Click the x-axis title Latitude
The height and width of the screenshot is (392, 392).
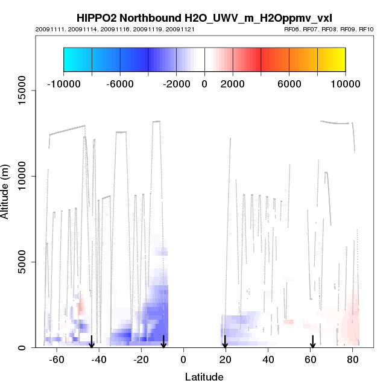[204, 377]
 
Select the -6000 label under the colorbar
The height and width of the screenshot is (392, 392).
[119, 84]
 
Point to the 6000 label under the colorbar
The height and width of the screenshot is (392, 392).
[289, 84]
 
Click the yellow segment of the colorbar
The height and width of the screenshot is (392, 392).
[331, 60]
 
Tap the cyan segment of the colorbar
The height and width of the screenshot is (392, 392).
[77, 60]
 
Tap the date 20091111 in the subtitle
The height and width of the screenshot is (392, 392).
[46, 29]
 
